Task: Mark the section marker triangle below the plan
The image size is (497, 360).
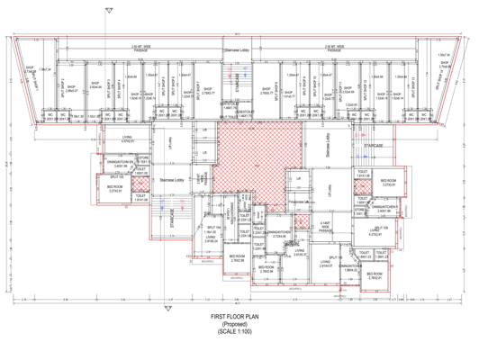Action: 165,307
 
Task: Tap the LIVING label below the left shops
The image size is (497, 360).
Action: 127,139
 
